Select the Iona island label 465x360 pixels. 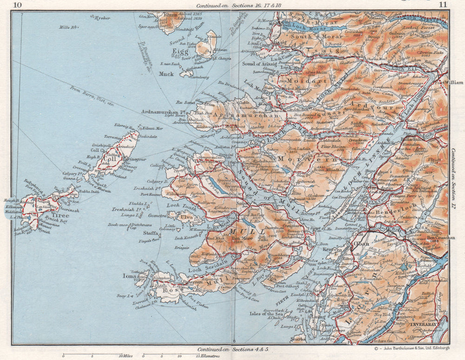(x=129, y=275)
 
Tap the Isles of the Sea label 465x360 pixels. (x=261, y=314)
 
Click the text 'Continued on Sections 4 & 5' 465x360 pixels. (x=232, y=349)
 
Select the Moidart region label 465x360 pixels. (x=295, y=80)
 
